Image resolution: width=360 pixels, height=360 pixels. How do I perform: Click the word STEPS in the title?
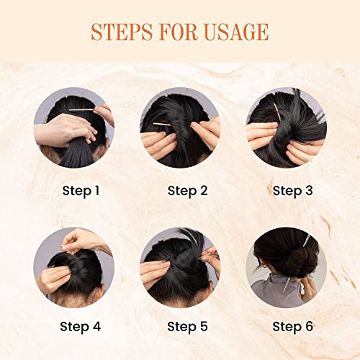[x=122, y=32]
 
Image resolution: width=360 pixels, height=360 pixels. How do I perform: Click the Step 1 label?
[x=81, y=192]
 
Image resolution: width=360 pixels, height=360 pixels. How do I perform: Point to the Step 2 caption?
[x=187, y=192]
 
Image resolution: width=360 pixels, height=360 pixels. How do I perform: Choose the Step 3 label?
[x=292, y=192]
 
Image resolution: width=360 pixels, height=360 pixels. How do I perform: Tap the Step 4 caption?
[x=80, y=327]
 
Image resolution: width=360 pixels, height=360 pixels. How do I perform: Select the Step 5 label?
[x=187, y=327]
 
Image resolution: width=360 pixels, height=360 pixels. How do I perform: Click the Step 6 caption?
[x=292, y=327]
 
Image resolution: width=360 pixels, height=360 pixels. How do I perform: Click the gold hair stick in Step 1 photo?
[x=81, y=109]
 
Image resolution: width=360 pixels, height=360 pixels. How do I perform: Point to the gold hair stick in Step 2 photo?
[x=162, y=125]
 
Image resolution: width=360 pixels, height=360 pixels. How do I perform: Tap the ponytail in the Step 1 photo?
[x=77, y=153]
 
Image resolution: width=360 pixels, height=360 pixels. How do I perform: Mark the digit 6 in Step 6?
[x=309, y=326]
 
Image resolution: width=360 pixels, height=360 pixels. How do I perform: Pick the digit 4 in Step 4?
[x=96, y=326]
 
